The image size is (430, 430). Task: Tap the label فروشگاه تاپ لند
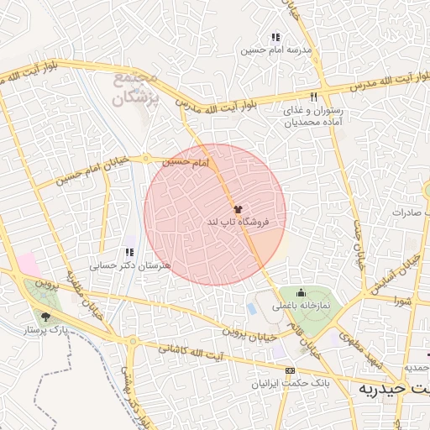coord(238,223)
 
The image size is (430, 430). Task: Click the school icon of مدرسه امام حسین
coord(275,37)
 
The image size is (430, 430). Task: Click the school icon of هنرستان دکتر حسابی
coord(128,252)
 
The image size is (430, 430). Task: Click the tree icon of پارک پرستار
coord(45,317)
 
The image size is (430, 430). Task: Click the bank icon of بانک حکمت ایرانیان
coord(291,370)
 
